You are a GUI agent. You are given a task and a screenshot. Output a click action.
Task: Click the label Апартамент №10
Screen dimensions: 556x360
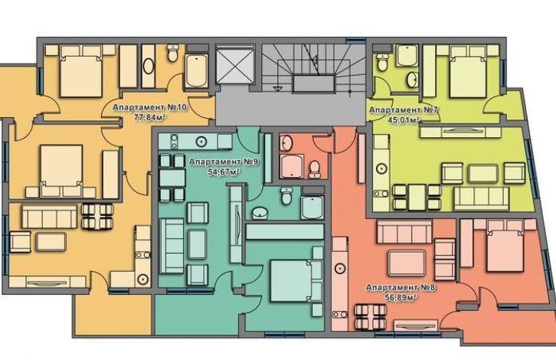point(149,107)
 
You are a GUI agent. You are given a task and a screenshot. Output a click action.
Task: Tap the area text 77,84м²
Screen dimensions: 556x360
point(150,117)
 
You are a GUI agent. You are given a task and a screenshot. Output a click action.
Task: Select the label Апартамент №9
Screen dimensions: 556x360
point(224,162)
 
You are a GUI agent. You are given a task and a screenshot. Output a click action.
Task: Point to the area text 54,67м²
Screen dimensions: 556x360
point(224,172)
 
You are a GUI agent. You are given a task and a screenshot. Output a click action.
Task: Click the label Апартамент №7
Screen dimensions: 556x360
point(404,110)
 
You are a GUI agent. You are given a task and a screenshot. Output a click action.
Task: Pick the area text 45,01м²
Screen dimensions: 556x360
point(404,120)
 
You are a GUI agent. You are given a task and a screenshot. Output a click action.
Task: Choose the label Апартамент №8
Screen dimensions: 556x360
point(401,287)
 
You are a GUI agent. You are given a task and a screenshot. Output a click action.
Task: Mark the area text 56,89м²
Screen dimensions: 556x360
point(401,297)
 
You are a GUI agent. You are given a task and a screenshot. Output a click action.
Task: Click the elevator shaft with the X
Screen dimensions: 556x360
point(235,65)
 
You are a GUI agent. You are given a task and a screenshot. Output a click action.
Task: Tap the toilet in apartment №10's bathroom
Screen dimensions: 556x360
point(172,53)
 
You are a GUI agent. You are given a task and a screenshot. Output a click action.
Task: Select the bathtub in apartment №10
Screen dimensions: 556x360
point(197,70)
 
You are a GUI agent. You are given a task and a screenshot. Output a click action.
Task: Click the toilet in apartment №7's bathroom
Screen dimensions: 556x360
point(382,63)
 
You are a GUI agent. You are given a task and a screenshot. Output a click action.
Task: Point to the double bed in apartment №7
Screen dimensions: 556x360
point(467,72)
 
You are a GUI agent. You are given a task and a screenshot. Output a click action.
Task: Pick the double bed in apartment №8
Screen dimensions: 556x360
point(505,246)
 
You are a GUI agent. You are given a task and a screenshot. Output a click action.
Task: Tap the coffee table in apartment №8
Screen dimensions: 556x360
point(407,263)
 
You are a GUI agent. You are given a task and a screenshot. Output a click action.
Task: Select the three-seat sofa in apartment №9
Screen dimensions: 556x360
point(172,246)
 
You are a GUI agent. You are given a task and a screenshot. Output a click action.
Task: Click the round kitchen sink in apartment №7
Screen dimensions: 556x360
point(381,168)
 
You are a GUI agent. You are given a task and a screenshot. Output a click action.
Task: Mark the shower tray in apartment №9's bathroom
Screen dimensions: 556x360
point(312,207)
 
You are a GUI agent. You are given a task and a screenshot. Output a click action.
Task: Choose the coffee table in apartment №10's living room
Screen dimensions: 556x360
point(51,242)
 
